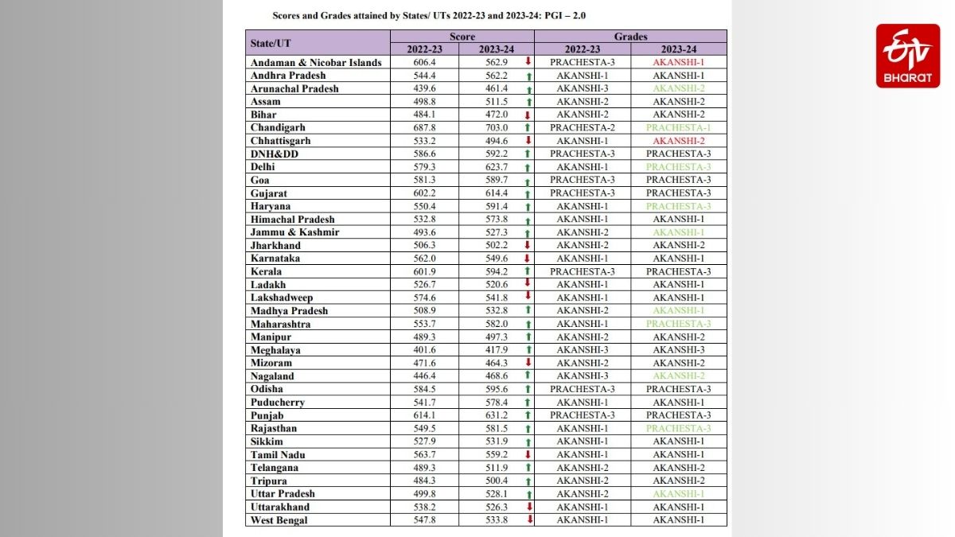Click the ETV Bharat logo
[907, 56]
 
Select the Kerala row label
[266, 271]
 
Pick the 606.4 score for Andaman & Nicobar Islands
[425, 62]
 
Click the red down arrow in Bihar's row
[527, 115]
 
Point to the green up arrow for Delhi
[527, 167]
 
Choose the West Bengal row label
[279, 520]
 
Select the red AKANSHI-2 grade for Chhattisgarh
[678, 141]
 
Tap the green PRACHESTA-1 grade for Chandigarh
[678, 127]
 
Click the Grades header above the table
[630, 37]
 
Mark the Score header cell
[462, 37]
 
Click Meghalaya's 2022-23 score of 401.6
[425, 350]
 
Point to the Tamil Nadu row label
[278, 455]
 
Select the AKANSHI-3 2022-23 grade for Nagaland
[583, 376]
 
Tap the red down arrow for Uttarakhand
[527, 507]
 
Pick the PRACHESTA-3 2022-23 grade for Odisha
[583, 389]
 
